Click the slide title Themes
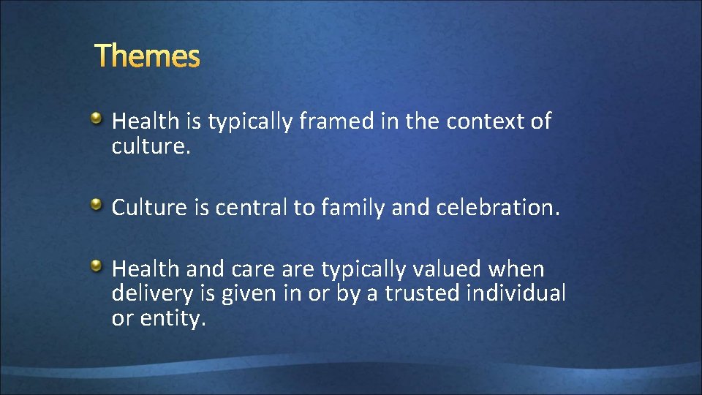tap(147, 56)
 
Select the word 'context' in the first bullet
tap(486, 121)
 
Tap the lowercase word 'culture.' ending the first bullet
tap(151, 146)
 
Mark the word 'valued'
tap(455, 269)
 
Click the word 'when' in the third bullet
tap(520, 269)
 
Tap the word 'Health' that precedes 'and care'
tap(146, 269)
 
